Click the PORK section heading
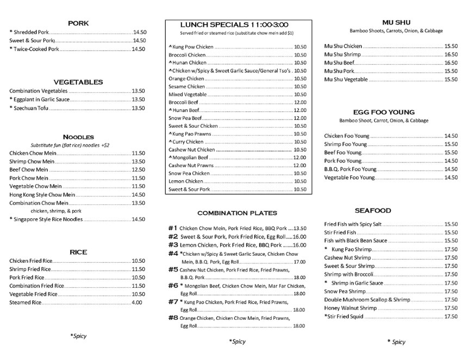78,23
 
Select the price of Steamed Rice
137,302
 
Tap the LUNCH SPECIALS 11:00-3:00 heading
234,25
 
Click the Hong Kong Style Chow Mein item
42,194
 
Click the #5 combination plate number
173,269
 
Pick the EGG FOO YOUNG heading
384,112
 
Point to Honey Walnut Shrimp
350,308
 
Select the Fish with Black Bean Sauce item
355,241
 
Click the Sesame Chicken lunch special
187,86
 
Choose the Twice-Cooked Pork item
36,49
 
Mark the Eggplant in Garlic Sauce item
41,99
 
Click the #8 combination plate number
173,318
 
